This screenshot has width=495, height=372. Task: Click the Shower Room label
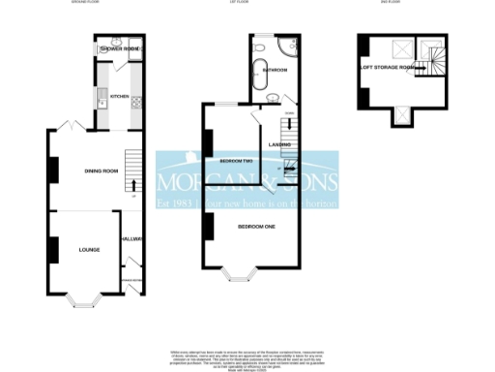[118, 48]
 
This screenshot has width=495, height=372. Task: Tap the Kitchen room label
[119, 97]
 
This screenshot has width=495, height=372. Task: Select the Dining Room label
[101, 171]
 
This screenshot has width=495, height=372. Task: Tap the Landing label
[280, 144]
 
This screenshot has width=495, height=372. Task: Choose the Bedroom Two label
[237, 160]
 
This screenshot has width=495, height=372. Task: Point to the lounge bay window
[86, 299]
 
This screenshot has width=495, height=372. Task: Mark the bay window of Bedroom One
[237, 273]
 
